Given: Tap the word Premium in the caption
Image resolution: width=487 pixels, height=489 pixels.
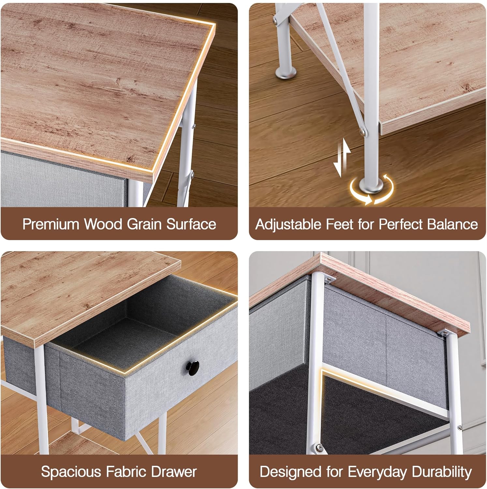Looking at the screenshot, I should coord(51,224).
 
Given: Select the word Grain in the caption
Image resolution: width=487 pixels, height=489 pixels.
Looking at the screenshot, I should coord(144,224).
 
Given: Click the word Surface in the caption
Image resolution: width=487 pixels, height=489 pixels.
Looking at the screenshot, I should coord(191,224).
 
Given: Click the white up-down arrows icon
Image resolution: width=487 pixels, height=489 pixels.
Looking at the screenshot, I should coord(342,158).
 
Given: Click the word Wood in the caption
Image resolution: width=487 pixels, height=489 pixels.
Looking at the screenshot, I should coord(103,224).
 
